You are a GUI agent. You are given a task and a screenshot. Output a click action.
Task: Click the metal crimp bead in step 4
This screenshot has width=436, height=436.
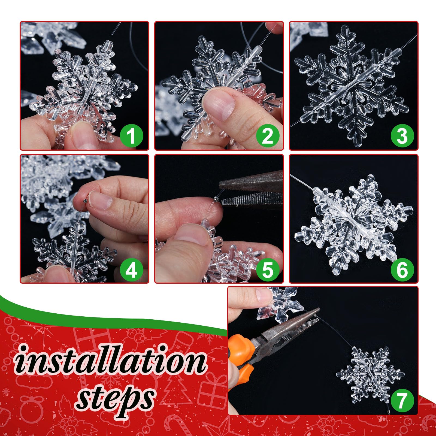click(x=84, y=201)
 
